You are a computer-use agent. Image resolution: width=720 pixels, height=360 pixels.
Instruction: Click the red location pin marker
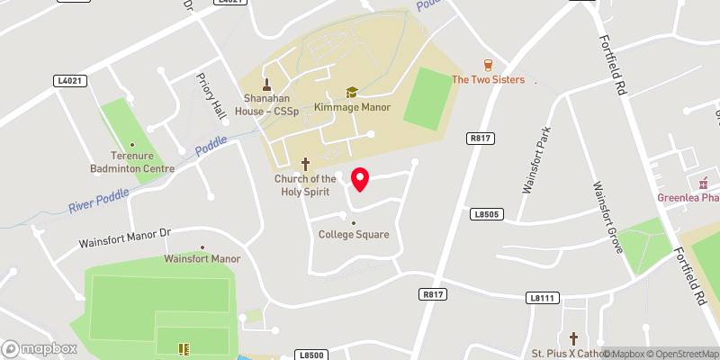click(x=360, y=179)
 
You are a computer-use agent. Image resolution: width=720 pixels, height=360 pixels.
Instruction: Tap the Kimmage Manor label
click(x=352, y=107)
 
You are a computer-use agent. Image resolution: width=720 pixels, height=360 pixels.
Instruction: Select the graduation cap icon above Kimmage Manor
click(x=352, y=92)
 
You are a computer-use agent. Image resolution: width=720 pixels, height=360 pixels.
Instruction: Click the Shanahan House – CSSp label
click(x=267, y=103)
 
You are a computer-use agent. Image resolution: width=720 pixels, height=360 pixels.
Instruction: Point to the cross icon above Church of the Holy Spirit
click(x=305, y=164)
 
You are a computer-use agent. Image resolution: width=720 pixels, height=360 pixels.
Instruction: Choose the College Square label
click(x=354, y=235)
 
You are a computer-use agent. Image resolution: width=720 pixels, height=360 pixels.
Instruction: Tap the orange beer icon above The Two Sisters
click(x=488, y=65)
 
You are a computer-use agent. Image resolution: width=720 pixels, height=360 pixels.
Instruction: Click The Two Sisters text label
click(x=488, y=79)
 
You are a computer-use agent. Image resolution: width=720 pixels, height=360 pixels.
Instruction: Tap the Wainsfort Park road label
click(x=537, y=160)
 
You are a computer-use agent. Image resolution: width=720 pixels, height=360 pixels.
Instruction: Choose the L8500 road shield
click(x=310, y=355)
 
